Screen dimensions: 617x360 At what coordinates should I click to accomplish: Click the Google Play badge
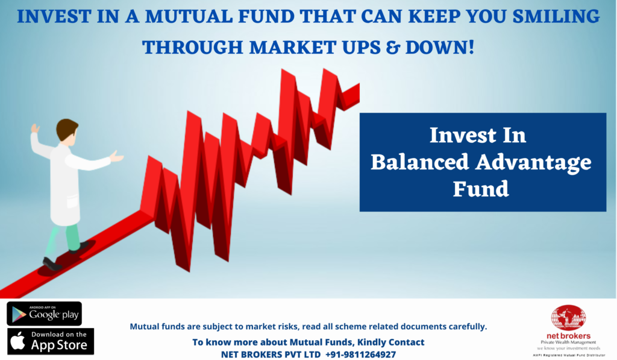click(44, 314)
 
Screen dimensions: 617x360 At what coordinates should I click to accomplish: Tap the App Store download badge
click(51, 341)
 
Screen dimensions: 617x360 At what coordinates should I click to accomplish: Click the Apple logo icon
click(17, 341)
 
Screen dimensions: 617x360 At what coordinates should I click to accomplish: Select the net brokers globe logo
click(568, 317)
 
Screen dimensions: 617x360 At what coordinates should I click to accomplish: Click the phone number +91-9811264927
click(360, 355)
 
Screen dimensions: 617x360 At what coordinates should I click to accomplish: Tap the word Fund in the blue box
click(481, 189)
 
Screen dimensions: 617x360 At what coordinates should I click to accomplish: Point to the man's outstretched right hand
click(116, 157)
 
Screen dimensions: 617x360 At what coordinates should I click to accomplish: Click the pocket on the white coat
click(72, 201)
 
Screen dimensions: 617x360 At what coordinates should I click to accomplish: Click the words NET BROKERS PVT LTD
click(271, 355)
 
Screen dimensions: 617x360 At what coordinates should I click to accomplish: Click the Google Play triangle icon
click(19, 314)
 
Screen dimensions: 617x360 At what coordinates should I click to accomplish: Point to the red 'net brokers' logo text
click(568, 336)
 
